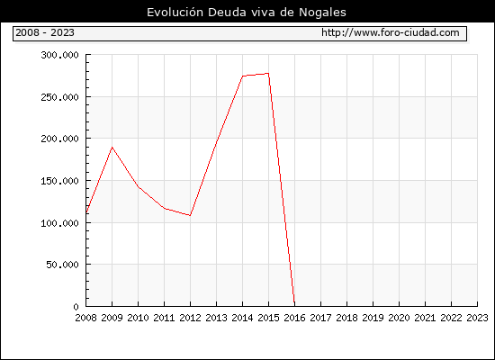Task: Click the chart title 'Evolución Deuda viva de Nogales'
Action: (x=247, y=13)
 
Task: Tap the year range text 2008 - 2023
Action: (x=45, y=32)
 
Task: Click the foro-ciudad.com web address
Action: (x=391, y=32)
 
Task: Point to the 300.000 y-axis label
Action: (x=59, y=55)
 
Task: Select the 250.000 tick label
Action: (x=59, y=97)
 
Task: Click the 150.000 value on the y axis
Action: (x=59, y=181)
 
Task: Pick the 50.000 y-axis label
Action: (x=62, y=265)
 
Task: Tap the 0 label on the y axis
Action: (x=76, y=307)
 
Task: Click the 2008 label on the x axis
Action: (x=85, y=318)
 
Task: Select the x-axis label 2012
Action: (x=191, y=318)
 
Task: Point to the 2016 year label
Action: (x=295, y=318)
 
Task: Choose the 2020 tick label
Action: (x=399, y=318)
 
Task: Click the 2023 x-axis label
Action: (x=477, y=318)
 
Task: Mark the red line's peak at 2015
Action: (x=268, y=74)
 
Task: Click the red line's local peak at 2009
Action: (x=112, y=148)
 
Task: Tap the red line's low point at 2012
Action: (x=190, y=215)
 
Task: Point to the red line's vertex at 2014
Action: (x=242, y=76)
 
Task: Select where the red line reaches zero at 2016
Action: (x=294, y=306)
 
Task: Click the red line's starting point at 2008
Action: (x=86, y=212)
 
